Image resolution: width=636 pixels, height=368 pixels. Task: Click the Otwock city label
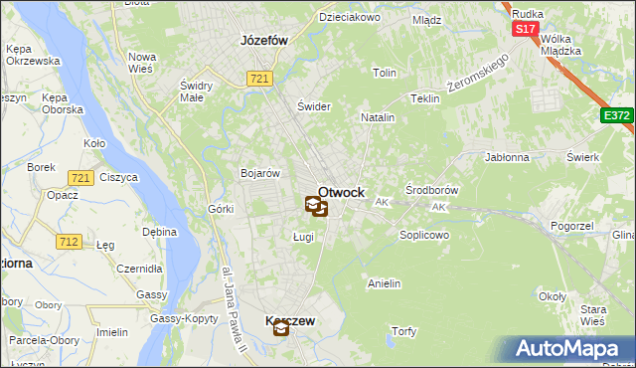coord(341,192)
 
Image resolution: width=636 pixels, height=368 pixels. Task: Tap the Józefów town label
coord(264,41)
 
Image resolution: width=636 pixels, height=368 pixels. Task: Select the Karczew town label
coord(290,321)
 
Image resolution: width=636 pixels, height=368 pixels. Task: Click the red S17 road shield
coord(525,30)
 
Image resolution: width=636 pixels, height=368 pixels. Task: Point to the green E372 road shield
coord(616,116)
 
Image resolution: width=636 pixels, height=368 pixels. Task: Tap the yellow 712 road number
coord(69,241)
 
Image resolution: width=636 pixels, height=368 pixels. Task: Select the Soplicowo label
coord(424,236)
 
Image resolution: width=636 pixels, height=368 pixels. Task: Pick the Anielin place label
coord(384,283)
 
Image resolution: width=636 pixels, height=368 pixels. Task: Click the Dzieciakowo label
coord(350,17)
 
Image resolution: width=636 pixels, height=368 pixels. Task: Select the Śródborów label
coord(432,189)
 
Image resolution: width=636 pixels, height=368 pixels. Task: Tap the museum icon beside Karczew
coord(281,331)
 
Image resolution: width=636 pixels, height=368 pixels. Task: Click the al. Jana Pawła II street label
coord(235,310)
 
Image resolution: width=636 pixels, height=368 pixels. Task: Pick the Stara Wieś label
coord(593,316)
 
